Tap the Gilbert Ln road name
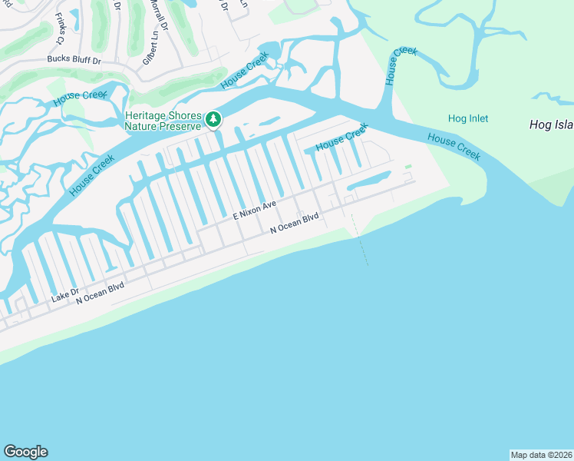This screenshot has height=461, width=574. (156, 45)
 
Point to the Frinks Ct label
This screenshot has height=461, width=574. (61, 23)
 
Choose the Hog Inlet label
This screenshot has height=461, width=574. (468, 119)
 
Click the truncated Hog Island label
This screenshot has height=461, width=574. (551, 124)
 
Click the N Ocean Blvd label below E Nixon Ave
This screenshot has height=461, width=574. (294, 224)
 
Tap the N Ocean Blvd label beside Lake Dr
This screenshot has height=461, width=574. (100, 294)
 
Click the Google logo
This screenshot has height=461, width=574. (25, 452)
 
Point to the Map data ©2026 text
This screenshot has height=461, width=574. (541, 455)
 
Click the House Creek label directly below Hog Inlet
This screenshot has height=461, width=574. (454, 146)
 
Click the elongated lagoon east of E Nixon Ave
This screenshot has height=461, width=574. (374, 181)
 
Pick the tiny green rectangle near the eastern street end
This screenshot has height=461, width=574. (408, 166)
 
